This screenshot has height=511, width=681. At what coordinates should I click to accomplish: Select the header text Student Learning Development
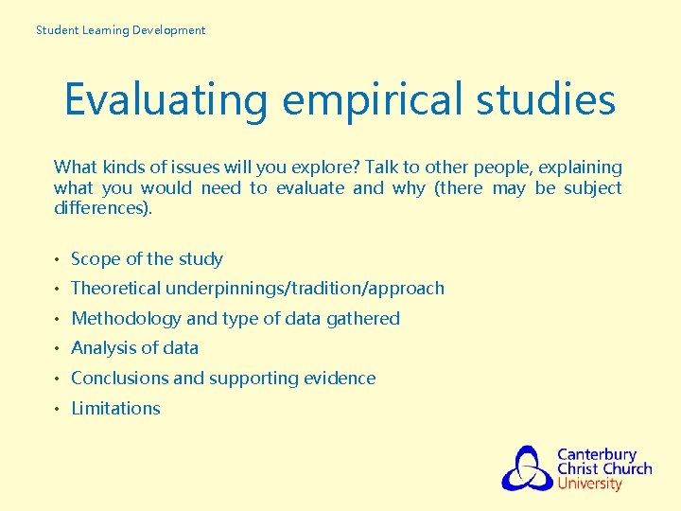click(120, 30)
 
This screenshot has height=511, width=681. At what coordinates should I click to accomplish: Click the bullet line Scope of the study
click(147, 258)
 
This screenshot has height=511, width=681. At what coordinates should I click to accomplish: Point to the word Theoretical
click(117, 288)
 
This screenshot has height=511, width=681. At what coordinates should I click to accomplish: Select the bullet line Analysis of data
click(134, 348)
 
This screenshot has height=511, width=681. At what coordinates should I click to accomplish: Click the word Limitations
click(115, 408)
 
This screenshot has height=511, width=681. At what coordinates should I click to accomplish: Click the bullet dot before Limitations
click(59, 409)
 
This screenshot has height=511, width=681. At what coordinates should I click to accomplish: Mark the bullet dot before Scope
click(59, 259)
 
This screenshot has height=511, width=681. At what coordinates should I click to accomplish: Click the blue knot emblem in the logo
click(527, 467)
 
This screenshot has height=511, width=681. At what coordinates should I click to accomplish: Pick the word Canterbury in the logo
click(597, 455)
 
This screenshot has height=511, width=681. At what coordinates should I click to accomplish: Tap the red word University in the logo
click(590, 484)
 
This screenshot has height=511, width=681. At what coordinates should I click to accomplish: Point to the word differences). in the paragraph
click(103, 207)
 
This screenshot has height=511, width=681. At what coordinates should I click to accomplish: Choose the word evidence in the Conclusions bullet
click(340, 378)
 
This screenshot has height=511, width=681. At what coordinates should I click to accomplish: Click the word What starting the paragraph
click(74, 167)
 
